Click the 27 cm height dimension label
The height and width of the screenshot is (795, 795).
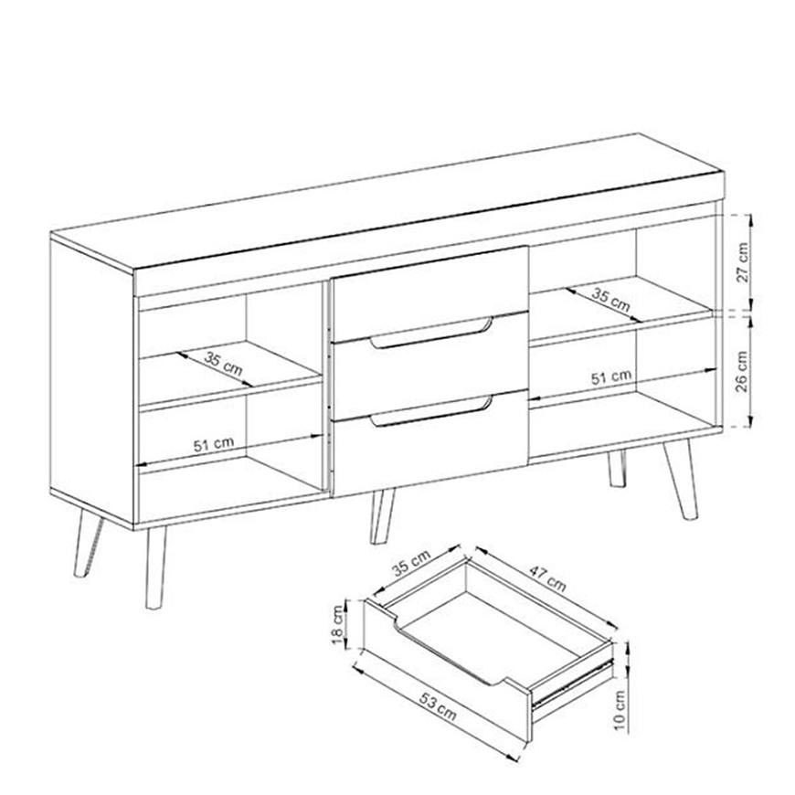tap(742, 262)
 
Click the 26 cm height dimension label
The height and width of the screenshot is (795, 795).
tap(742, 371)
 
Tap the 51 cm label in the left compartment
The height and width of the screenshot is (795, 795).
tap(214, 445)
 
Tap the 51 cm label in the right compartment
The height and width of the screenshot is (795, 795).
tap(611, 377)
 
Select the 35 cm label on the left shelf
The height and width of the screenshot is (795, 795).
tap(224, 364)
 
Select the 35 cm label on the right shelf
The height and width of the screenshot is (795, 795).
tap(611, 300)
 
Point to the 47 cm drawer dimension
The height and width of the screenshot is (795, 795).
tap(547, 578)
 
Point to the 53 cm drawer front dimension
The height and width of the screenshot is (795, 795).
tap(438, 705)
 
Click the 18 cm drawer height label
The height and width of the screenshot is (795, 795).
tap(338, 625)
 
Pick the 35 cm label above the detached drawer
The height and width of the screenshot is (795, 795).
tap(411, 562)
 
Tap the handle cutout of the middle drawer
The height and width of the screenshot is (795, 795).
tap(431, 334)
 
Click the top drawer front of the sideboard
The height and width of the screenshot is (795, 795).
tap(429, 292)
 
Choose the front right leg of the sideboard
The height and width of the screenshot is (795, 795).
tap(681, 479)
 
